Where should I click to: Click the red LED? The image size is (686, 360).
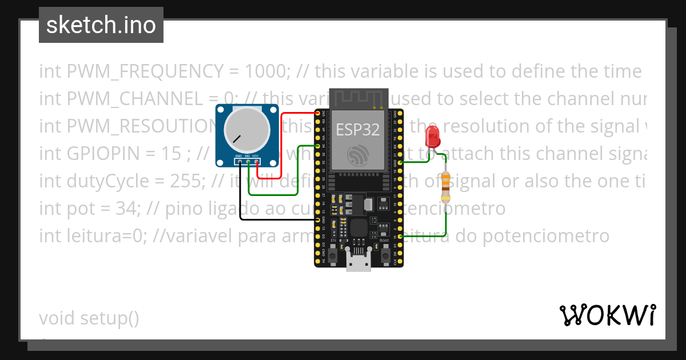point(432,138)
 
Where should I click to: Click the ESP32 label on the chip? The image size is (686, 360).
point(357,130)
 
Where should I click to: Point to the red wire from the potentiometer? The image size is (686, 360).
point(281,149)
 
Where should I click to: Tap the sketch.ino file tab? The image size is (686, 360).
point(101,25)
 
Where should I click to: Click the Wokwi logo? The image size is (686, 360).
point(607,315)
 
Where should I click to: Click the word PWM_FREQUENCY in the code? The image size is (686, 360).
point(145,71)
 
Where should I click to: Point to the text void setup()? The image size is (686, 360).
point(89,318)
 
